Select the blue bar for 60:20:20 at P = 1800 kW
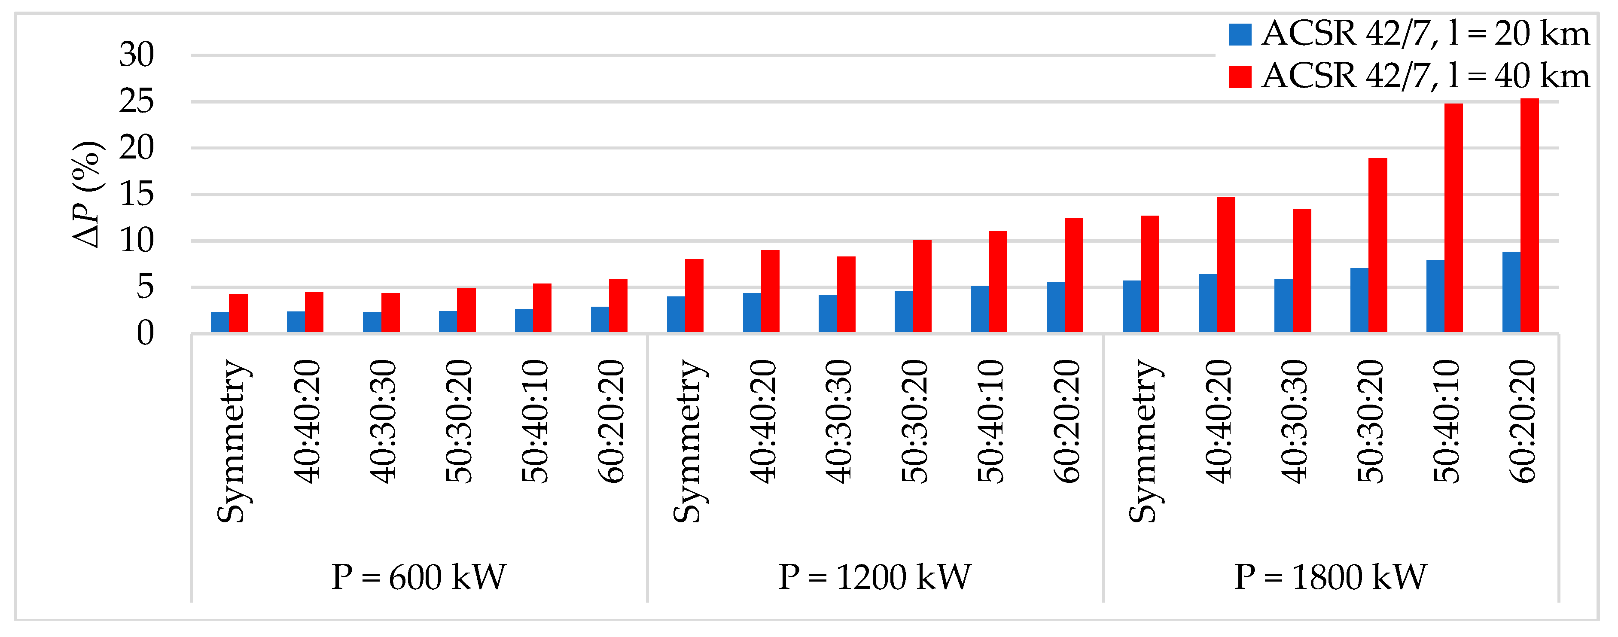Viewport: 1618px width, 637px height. click(1511, 292)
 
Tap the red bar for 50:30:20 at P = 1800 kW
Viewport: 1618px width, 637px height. click(1377, 245)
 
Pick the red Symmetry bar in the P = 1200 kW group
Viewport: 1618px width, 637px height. click(694, 295)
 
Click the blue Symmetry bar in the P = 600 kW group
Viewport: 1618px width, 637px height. click(220, 322)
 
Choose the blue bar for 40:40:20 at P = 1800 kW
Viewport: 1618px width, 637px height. click(1207, 303)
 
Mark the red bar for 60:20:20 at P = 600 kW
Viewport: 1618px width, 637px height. click(618, 305)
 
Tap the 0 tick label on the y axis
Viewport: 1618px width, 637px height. click(145, 334)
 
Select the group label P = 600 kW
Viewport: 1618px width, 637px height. click(418, 577)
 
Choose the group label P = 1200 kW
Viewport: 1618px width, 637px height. click(875, 577)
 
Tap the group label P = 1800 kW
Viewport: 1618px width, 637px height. click(1330, 577)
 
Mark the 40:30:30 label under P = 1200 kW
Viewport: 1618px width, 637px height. click(838, 421)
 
